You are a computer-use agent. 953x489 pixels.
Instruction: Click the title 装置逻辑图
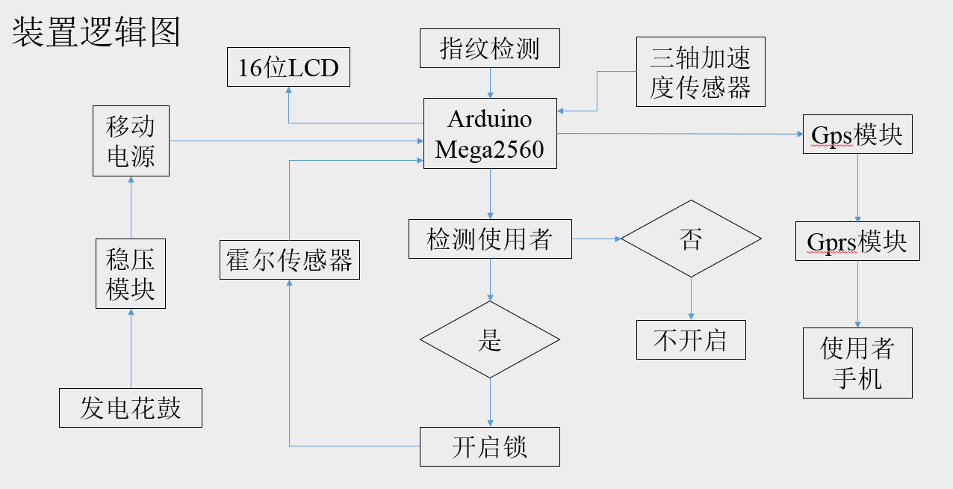(96, 33)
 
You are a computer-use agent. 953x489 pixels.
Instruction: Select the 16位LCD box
(288, 68)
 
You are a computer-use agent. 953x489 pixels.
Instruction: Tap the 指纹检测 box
(490, 49)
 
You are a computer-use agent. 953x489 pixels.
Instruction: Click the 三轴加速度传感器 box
(701, 72)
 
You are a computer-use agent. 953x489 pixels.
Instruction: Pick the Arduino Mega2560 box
(490, 134)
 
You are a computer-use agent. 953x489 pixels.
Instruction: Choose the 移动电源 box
(131, 141)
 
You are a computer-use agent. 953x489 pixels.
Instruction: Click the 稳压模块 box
(131, 274)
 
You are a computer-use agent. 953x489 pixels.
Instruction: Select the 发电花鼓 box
(131, 407)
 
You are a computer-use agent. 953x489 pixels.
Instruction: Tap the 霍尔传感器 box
(290, 259)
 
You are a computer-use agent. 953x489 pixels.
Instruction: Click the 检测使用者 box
(490, 239)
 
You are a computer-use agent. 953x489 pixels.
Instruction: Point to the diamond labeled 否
(691, 239)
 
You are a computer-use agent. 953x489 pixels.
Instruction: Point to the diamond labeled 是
(490, 340)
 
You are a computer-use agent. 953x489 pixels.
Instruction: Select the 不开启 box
(691, 340)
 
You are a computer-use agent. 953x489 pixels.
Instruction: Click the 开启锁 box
(490, 446)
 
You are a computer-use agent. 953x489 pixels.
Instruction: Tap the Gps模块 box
(857, 135)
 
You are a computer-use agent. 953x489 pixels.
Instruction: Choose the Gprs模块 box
(857, 241)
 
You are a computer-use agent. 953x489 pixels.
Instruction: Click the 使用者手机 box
(857, 363)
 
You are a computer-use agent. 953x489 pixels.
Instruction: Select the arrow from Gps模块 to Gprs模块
(857, 187)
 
